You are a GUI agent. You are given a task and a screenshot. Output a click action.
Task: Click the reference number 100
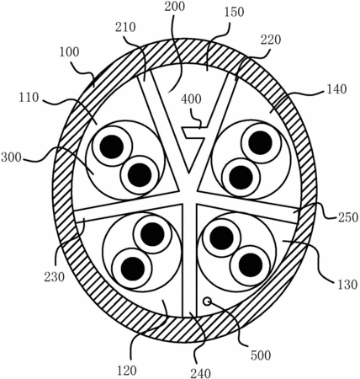(x=69, y=52)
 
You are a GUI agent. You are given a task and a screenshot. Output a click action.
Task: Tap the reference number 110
(x=29, y=98)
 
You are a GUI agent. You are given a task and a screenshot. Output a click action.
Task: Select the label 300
(x=12, y=157)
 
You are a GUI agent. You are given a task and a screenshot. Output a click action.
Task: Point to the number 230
(x=55, y=277)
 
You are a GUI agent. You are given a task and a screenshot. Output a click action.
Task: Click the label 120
(x=127, y=371)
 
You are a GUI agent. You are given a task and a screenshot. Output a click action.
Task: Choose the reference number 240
(x=201, y=373)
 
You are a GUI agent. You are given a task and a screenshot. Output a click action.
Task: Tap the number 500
(x=261, y=355)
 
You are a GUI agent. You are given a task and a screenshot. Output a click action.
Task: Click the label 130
(x=347, y=285)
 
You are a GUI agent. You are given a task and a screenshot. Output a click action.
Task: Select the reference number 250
(x=348, y=217)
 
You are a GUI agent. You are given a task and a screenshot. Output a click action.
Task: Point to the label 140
(x=336, y=89)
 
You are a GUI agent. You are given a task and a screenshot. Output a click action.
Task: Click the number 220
(x=271, y=40)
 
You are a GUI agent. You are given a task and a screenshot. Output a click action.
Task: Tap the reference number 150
(x=234, y=12)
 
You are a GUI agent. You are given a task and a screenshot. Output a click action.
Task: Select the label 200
(x=175, y=7)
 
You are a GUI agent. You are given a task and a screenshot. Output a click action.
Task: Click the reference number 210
(x=125, y=27)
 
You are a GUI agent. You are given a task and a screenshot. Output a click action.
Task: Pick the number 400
(x=191, y=99)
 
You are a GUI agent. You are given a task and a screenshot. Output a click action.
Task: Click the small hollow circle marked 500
(x=207, y=302)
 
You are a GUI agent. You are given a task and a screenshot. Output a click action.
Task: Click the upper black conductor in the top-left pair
(x=112, y=146)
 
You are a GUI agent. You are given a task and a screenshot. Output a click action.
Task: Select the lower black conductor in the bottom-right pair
(x=251, y=265)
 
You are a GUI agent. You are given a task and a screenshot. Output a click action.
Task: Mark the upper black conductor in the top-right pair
(x=261, y=142)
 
